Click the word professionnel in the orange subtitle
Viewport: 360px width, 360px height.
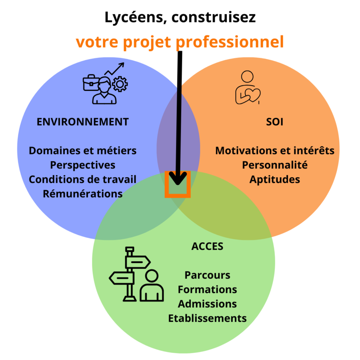tap(238, 42)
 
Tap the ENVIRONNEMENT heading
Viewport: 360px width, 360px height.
tap(83, 122)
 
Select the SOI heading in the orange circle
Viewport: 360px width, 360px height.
tap(274, 122)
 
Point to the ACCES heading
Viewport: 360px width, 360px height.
tap(207, 246)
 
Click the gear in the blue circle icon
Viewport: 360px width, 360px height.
tap(120, 84)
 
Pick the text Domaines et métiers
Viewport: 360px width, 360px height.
tap(83, 151)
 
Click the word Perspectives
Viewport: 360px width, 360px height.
tap(83, 165)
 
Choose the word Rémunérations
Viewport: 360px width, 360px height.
tap(83, 194)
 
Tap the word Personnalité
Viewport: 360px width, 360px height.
tap(275, 165)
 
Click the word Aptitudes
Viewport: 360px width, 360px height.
tap(275, 179)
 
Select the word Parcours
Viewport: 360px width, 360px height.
tap(207, 275)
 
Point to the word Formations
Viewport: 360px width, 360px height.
tap(207, 289)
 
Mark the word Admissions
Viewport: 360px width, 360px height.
tap(207, 304)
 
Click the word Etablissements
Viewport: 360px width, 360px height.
tap(207, 318)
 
